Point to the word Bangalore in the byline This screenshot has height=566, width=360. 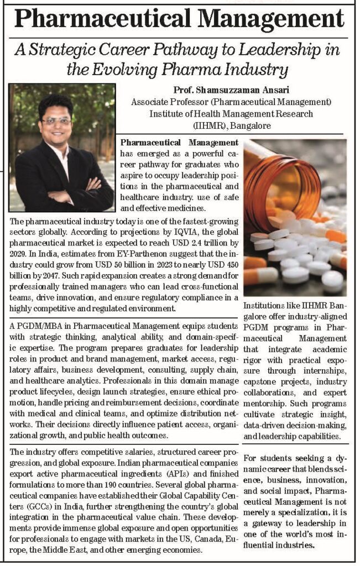tap(251, 125)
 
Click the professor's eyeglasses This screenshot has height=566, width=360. tap(57, 120)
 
